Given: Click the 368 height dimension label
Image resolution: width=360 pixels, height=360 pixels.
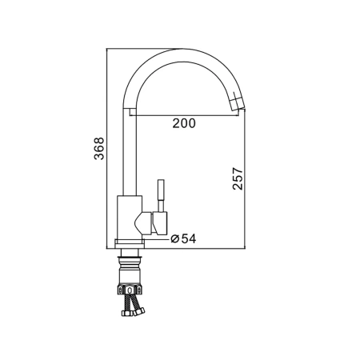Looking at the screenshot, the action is point(99,149).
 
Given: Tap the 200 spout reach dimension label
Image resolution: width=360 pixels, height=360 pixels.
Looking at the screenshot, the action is point(184,123).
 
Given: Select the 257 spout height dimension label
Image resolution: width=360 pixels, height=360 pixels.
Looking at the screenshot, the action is point(238,178).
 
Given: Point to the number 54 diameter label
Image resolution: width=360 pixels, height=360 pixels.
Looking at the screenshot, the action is point(189,238).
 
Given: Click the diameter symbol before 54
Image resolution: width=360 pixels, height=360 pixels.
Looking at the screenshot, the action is point(174,238).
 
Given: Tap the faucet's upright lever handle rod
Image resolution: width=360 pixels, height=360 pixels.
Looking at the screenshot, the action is point(161,196).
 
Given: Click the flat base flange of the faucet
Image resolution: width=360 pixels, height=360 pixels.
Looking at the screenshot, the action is point(130,244).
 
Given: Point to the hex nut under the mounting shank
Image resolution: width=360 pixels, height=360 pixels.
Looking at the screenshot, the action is point(130,290).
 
